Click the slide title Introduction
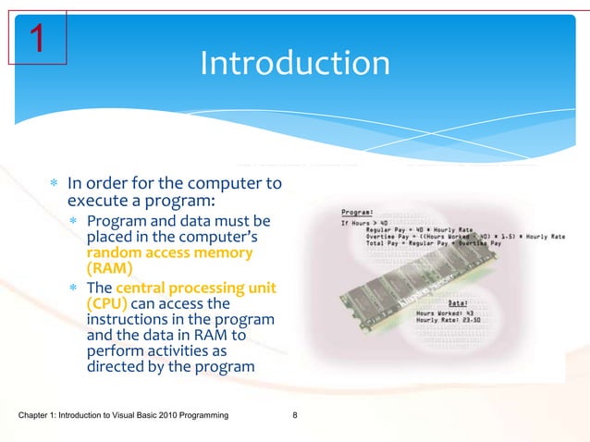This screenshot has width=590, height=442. click(295, 64)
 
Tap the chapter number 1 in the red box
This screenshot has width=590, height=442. click(37, 40)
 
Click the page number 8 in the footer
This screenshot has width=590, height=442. click(294, 424)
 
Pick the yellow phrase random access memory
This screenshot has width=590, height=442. click(168, 253)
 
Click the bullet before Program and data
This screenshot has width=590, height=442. click(74, 222)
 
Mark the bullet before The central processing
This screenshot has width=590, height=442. click(74, 288)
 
